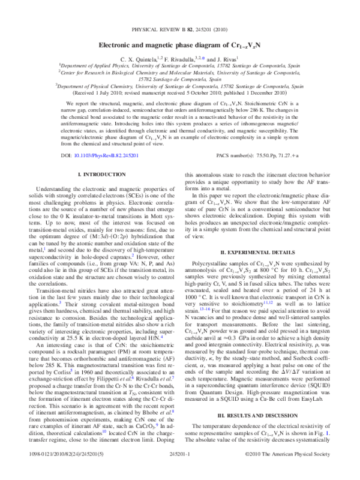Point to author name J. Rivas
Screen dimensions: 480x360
click(226, 59)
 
